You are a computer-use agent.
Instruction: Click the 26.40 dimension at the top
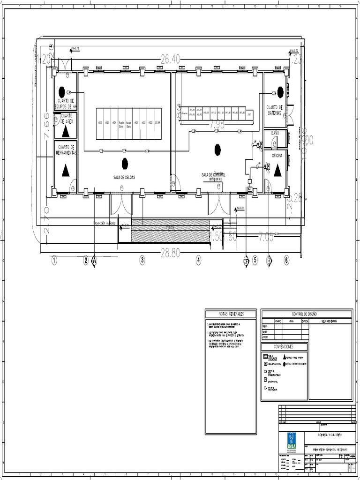click(x=170, y=59)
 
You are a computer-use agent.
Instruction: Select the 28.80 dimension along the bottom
click(x=170, y=253)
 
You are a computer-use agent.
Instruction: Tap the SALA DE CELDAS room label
click(x=124, y=177)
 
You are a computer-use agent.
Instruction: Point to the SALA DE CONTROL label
click(x=217, y=175)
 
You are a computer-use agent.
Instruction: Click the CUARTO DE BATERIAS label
click(x=274, y=110)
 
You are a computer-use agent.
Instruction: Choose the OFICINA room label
click(x=277, y=155)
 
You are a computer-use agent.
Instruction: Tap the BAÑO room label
click(x=275, y=133)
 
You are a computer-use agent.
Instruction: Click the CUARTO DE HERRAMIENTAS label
click(x=66, y=150)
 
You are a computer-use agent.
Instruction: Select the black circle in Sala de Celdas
click(x=125, y=164)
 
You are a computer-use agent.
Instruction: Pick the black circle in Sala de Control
click(x=217, y=150)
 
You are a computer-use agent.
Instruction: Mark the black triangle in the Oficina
click(x=277, y=171)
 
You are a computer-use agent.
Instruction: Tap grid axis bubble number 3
click(x=142, y=261)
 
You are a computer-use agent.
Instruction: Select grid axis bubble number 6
click(x=286, y=261)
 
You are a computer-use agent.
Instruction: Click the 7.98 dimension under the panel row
click(x=217, y=124)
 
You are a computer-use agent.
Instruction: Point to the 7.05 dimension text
click(x=266, y=238)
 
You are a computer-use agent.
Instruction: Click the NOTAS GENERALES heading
click(x=231, y=314)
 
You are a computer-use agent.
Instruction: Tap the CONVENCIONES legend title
click(x=284, y=347)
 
